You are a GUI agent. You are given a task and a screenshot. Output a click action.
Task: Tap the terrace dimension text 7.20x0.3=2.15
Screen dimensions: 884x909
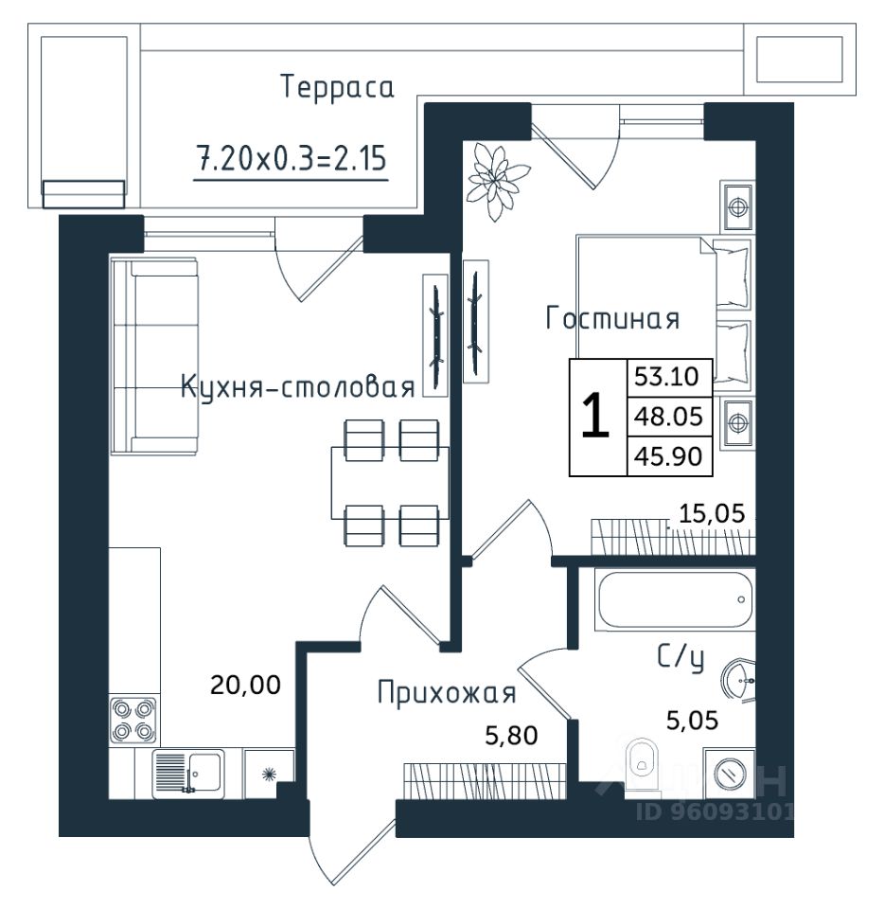(292, 158)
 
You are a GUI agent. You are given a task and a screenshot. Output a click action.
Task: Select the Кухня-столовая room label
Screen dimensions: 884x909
(298, 386)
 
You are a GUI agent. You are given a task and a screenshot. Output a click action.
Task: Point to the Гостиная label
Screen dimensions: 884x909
(612, 318)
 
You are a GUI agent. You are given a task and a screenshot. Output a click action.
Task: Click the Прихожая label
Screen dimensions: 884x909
(447, 693)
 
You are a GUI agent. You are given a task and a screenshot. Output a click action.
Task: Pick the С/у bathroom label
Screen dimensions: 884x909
(681, 657)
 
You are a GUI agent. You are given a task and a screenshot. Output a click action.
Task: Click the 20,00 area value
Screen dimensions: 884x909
(246, 685)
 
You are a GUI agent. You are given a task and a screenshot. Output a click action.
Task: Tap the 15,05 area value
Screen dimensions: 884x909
(712, 513)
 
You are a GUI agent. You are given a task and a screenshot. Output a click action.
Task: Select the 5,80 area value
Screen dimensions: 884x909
(511, 735)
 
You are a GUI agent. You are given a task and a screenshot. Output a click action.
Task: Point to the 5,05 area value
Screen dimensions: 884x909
(692, 721)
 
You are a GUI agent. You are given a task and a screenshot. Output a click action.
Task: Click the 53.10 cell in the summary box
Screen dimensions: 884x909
(669, 377)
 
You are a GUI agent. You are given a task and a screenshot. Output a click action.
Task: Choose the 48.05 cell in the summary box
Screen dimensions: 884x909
(669, 417)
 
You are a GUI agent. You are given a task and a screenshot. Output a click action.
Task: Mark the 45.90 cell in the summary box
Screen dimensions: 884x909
(669, 456)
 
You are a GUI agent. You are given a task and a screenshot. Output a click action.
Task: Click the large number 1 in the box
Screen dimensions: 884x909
(595, 416)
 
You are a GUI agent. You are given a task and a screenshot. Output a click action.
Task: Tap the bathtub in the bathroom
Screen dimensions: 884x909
(676, 599)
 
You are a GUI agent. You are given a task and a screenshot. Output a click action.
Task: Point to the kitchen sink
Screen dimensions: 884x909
(187, 773)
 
